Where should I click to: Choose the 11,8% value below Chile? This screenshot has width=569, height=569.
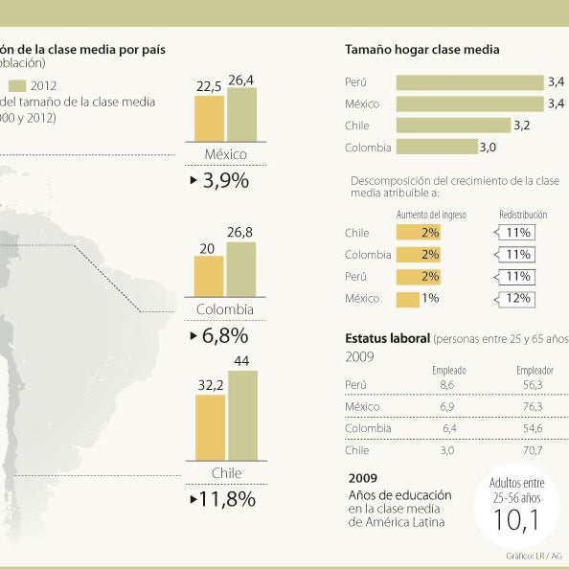[223, 498]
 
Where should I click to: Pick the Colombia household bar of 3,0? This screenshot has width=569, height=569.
[436, 147]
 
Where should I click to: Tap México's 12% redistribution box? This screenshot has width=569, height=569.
[518, 299]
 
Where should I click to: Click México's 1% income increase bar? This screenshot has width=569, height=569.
[407, 299]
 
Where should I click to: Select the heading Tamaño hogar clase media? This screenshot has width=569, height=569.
[421, 50]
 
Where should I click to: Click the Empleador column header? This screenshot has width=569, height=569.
[535, 370]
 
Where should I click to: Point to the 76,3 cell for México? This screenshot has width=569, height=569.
[534, 407]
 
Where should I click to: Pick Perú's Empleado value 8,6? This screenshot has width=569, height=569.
[446, 384]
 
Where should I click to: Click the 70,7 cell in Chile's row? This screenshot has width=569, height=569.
[534, 450]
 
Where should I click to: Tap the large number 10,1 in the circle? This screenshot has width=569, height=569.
[516, 519]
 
